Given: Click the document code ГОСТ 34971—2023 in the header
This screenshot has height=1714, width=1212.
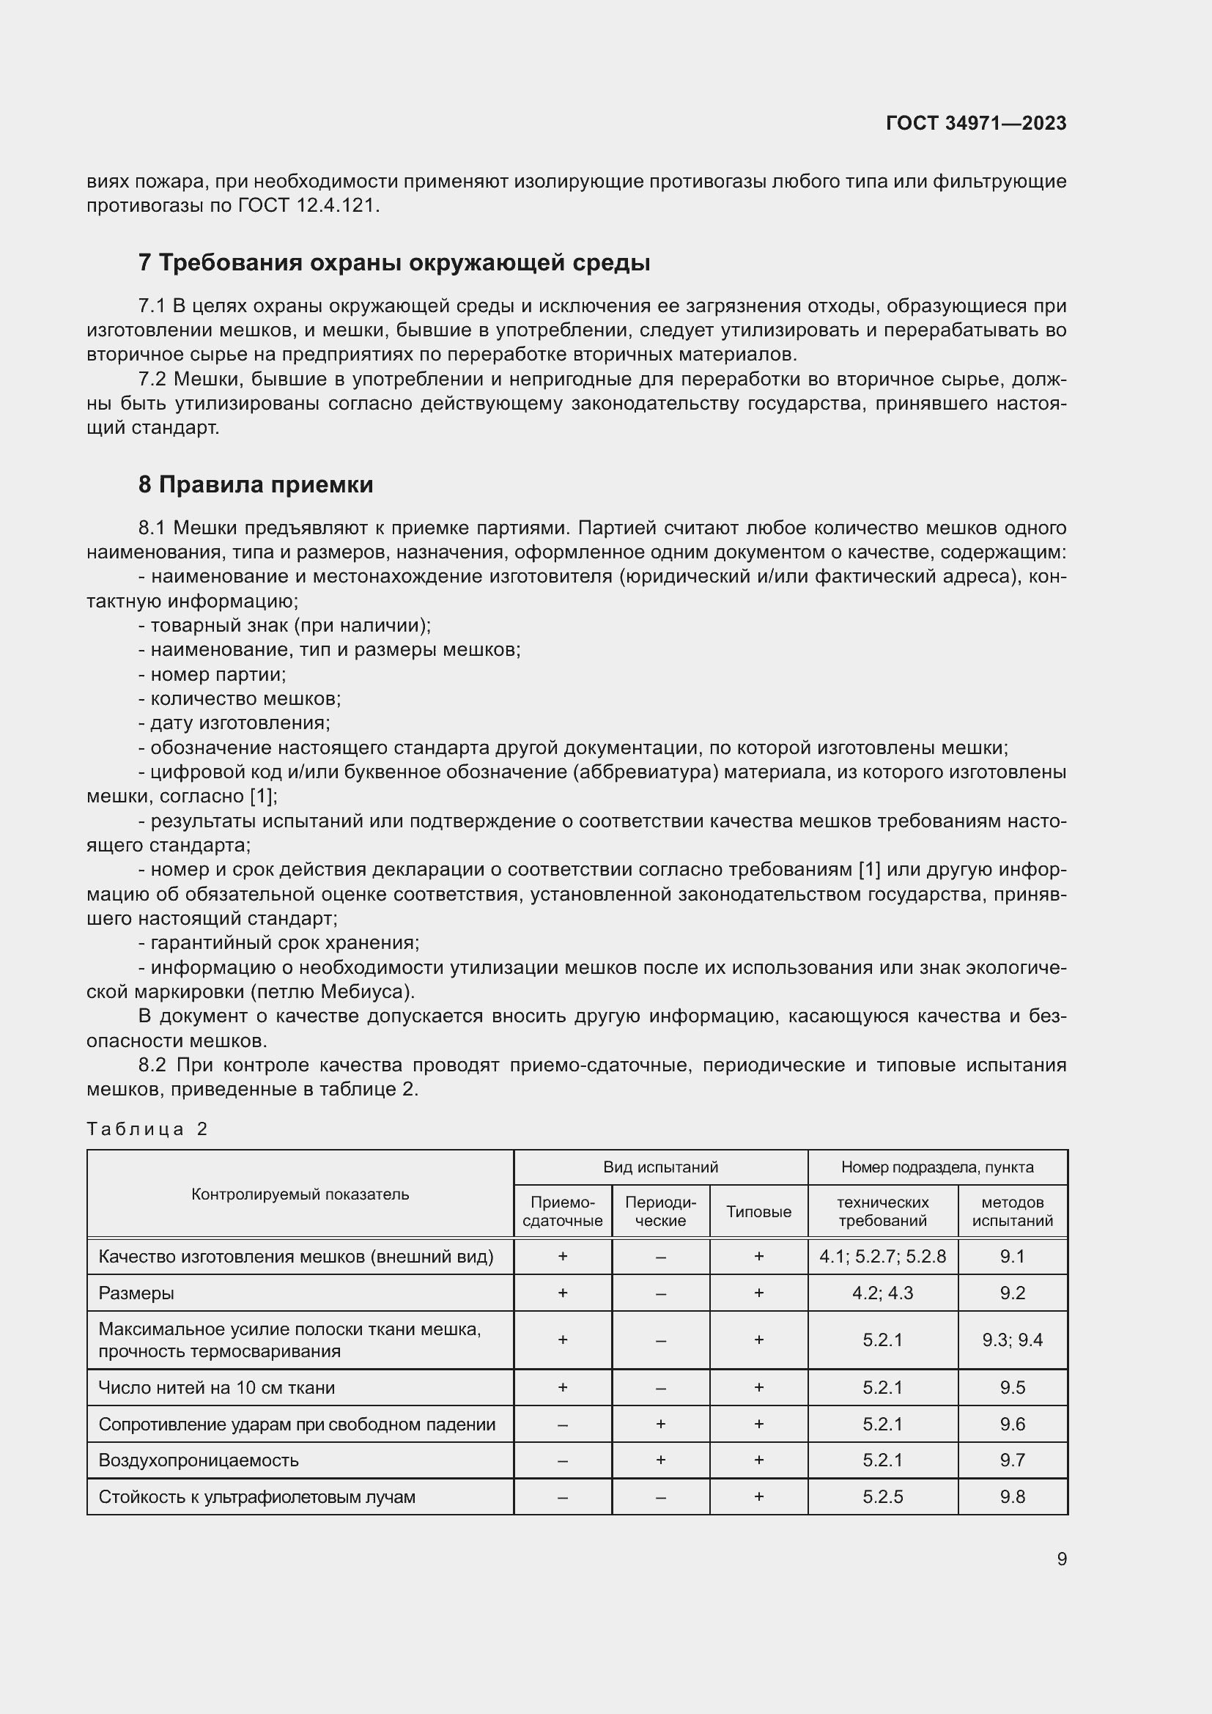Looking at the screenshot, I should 975,123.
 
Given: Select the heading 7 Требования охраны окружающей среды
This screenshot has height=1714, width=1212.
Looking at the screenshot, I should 394,263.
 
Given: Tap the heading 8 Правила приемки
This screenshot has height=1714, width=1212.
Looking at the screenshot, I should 255,484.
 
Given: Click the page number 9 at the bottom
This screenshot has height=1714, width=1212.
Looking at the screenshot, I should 1061,1559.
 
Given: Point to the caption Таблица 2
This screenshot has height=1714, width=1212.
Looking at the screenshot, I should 147,1128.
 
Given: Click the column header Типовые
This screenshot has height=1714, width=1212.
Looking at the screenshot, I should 758,1211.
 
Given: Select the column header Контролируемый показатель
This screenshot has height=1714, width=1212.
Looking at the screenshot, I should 300,1194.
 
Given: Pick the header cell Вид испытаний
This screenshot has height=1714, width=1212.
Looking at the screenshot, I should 659,1167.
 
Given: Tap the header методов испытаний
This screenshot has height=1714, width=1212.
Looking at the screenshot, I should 1012,1211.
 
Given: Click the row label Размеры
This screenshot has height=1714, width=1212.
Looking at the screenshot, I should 136,1293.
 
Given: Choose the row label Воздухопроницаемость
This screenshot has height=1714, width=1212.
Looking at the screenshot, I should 199,1460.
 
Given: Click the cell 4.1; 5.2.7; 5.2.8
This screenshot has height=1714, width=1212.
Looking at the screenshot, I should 882,1257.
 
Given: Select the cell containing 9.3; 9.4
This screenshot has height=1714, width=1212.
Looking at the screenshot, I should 1012,1340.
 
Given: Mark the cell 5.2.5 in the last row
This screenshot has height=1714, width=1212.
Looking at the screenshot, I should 882,1497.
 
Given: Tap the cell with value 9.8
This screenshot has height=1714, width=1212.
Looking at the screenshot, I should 1012,1497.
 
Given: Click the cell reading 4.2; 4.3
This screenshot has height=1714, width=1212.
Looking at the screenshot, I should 882,1293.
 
